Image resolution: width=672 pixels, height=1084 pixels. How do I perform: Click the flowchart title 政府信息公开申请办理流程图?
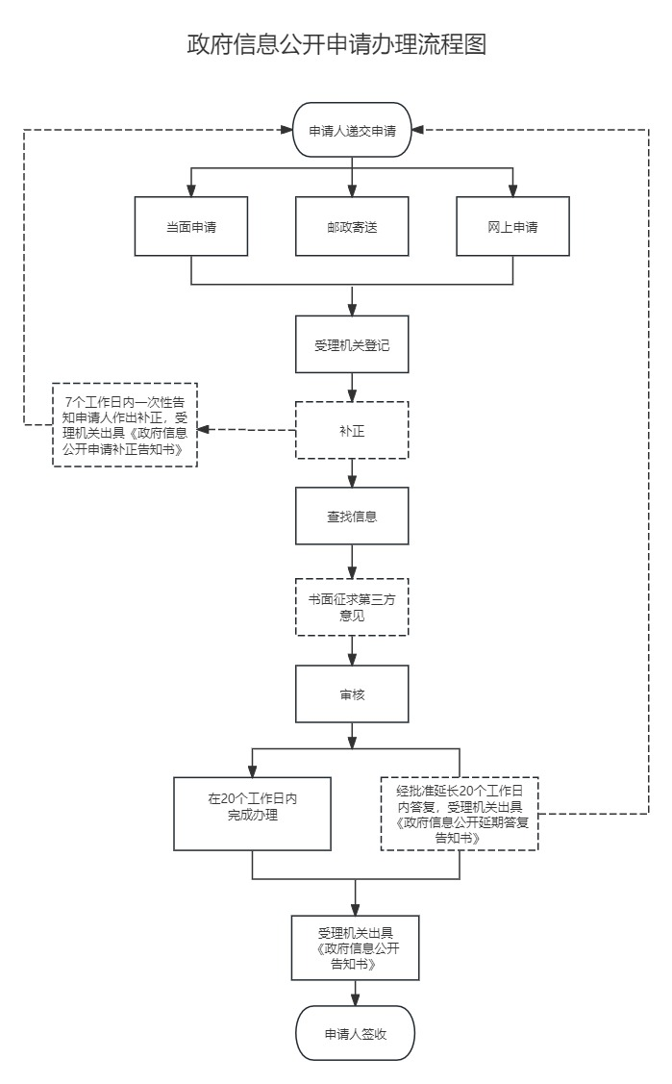336,45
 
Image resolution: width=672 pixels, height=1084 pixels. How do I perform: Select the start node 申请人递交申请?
352,131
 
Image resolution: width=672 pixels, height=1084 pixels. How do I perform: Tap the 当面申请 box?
191,227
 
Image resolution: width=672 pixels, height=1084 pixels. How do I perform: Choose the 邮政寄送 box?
352,227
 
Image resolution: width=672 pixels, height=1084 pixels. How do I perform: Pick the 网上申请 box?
512,227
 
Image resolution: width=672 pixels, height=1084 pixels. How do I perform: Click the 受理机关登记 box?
352,343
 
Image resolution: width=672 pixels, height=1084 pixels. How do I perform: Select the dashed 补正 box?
352,430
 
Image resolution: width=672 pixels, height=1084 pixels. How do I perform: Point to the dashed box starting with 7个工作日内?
125,425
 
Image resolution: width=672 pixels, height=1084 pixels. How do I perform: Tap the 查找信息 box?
352,517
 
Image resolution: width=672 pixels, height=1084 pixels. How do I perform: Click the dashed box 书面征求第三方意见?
352,607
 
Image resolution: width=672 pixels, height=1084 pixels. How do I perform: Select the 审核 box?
352,693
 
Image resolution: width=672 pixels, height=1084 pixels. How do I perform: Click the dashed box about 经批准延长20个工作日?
460,813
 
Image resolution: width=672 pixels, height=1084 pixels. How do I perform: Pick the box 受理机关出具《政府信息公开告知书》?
356,947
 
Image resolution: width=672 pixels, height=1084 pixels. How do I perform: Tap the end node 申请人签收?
356,1034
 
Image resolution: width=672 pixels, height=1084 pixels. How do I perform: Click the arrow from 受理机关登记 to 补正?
352,387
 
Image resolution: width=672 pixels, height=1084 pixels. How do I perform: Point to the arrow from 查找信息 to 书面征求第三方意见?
352,562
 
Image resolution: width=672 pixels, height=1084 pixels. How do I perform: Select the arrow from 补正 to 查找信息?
352,473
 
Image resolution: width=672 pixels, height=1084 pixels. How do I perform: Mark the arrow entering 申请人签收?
356,994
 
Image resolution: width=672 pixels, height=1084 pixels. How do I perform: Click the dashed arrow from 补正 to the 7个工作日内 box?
246,430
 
